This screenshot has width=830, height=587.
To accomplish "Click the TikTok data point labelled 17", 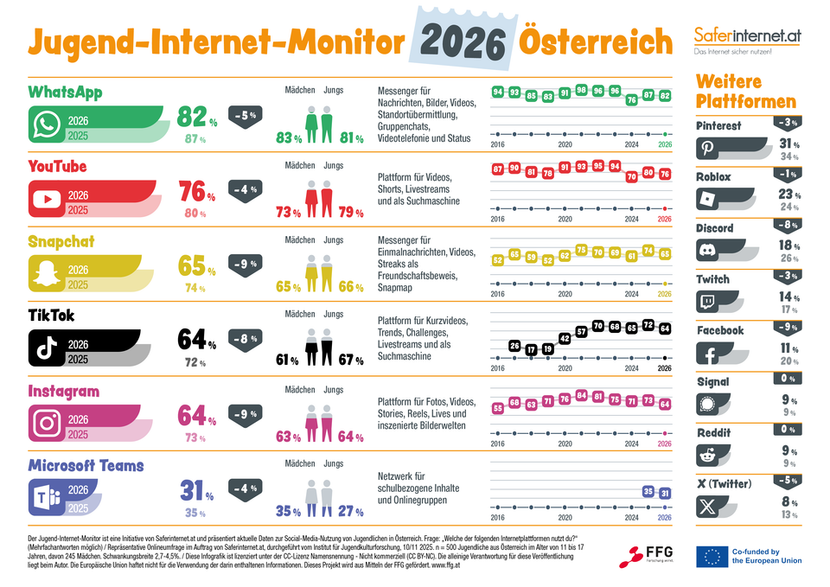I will (x=532, y=348).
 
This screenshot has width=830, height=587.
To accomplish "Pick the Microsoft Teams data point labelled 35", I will (x=648, y=491).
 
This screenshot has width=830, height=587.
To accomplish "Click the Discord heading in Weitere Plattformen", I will (x=715, y=228).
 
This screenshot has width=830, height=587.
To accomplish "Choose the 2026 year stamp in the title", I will (x=464, y=41).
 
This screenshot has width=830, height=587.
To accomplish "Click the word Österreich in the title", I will (x=595, y=41).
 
